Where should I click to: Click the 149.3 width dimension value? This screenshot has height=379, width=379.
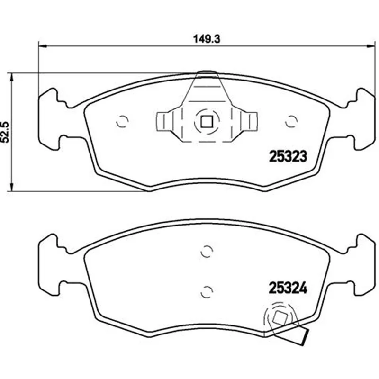pyautogui.click(x=207, y=39)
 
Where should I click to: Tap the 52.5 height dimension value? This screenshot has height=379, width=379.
pyautogui.click(x=5, y=132)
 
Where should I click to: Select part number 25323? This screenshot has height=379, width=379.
pyautogui.click(x=288, y=156)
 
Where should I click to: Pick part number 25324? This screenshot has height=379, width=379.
pyautogui.click(x=288, y=288)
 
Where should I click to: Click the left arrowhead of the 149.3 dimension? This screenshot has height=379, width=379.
pyautogui.click(x=42, y=45)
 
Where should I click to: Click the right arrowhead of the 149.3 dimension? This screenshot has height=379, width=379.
pyautogui.click(x=371, y=45)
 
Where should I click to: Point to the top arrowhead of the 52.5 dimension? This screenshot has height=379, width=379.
pyautogui.click(x=11, y=77)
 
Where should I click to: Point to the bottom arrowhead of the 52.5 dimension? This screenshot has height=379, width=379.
pyautogui.click(x=11, y=187)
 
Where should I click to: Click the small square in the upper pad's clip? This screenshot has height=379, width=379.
pyautogui.click(x=207, y=122)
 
